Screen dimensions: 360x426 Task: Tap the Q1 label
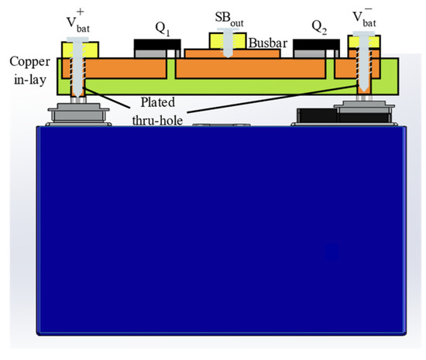(162, 29)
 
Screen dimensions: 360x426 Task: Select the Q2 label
(318, 29)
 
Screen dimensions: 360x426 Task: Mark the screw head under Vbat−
(362, 37)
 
